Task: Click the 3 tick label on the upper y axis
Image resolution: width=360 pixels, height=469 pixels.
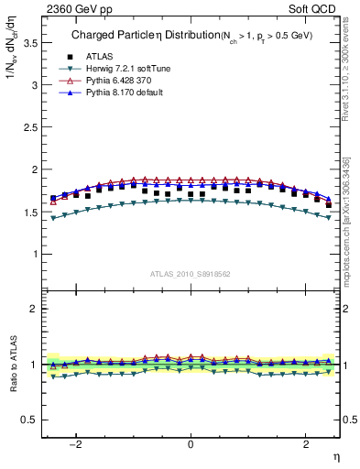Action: click(32, 85)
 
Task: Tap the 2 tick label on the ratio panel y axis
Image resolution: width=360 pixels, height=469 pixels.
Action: click(32, 309)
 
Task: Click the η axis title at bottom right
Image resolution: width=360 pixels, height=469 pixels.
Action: click(335, 457)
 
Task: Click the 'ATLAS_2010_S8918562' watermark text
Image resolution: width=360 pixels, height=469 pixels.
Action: click(190, 273)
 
